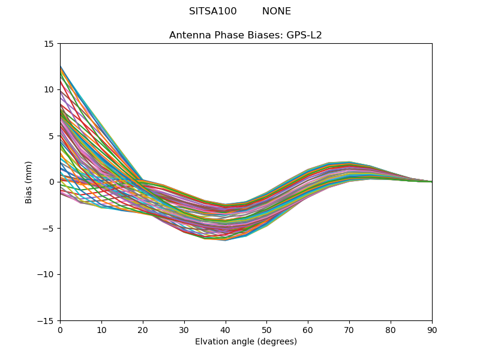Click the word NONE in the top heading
(x=277, y=11)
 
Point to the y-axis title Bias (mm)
(x=29, y=182)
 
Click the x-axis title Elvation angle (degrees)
(x=246, y=342)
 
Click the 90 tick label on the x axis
(x=432, y=329)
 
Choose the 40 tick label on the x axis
(x=226, y=329)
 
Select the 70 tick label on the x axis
(x=349, y=329)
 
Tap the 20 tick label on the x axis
(x=143, y=329)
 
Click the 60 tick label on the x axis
(x=308, y=329)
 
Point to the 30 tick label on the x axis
(x=184, y=329)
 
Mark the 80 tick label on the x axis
(x=391, y=329)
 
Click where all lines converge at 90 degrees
(x=431, y=182)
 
